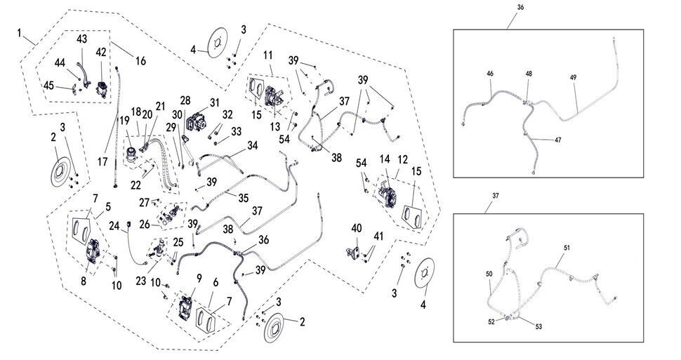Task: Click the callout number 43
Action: pyautogui.click(x=81, y=38)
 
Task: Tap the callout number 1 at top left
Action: pyautogui.click(x=22, y=33)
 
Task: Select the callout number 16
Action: pyautogui.click(x=140, y=61)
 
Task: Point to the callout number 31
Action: pyautogui.click(x=215, y=102)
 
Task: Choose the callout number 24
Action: pyautogui.click(x=114, y=226)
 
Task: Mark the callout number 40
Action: pyautogui.click(x=357, y=228)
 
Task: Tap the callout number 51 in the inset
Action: pyautogui.click(x=567, y=248)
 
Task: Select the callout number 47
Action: pyautogui.click(x=557, y=140)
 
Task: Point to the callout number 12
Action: pyautogui.click(x=402, y=160)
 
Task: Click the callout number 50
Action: pyautogui.click(x=489, y=273)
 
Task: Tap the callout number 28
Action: pyautogui.click(x=185, y=100)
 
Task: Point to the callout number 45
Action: pyautogui.click(x=48, y=85)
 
